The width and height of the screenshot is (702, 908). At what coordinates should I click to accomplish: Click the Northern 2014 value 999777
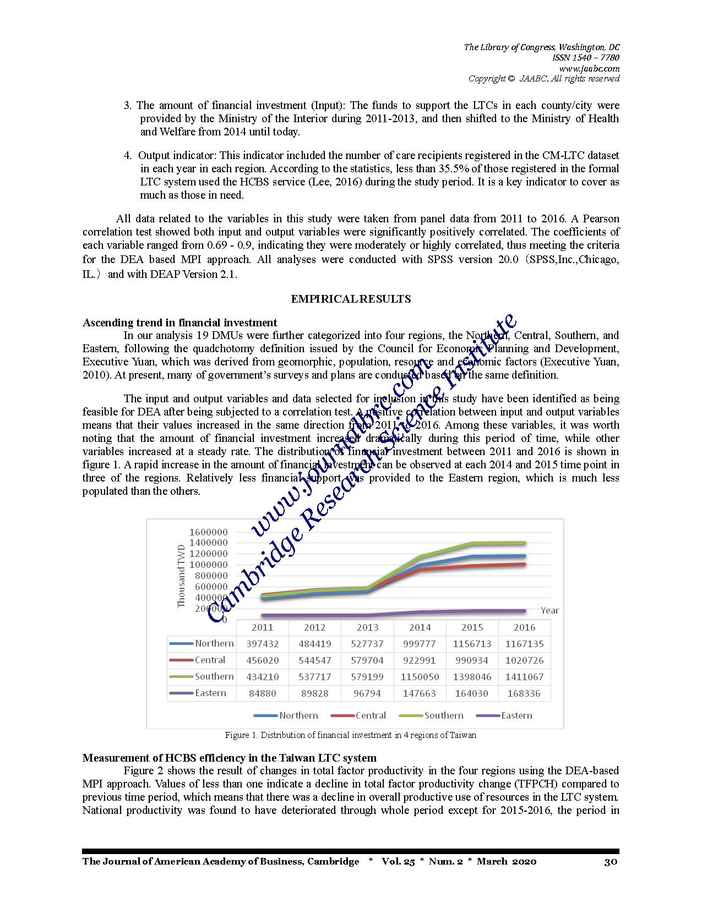coord(420,644)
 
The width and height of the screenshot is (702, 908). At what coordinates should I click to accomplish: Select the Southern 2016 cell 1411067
coord(524,677)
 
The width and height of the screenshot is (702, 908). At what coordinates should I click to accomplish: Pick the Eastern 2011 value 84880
coord(262,693)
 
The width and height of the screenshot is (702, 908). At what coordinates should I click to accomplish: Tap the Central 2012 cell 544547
coord(314,660)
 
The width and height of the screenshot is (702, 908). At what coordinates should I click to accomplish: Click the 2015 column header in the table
coord(472,627)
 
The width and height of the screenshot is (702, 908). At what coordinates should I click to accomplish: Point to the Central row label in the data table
coord(210,660)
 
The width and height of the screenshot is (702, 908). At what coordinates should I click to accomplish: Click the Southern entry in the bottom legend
coord(443,715)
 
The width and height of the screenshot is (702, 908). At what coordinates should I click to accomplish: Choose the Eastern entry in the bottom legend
coord(516,715)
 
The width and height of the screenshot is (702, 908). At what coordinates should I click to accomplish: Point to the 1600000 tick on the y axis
coord(208,532)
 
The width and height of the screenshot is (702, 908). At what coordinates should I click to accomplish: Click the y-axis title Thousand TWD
coord(181,576)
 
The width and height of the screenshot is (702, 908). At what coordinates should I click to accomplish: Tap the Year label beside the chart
coord(549,610)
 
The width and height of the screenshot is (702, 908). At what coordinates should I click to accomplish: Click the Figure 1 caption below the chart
coord(350,735)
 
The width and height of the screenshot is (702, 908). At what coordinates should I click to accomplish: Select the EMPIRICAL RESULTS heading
coord(351,299)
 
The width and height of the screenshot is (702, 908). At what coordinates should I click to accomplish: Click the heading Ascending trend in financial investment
coord(179,322)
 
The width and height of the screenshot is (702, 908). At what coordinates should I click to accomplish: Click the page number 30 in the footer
coord(611,862)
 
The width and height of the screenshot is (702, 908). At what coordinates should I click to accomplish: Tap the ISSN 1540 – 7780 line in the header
coord(586,58)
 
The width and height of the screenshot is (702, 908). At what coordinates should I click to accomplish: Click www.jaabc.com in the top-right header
coord(589,69)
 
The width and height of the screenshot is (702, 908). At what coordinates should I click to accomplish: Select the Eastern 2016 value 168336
coord(524,693)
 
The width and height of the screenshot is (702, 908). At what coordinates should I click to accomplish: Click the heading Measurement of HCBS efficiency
coord(229,758)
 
